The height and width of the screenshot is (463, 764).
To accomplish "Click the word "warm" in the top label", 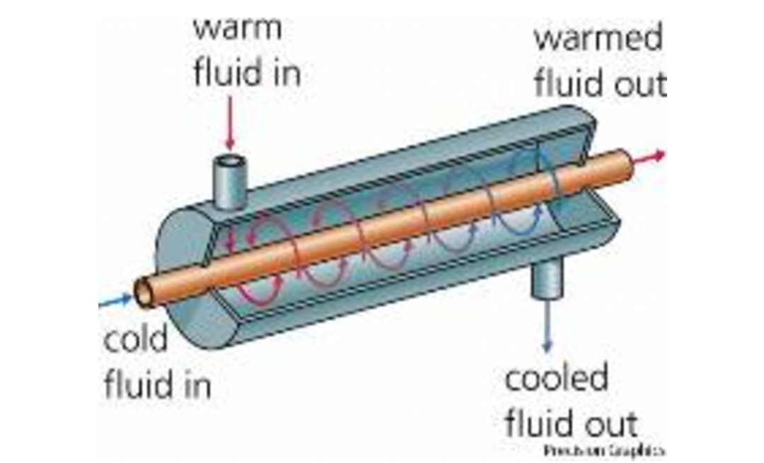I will (237, 28).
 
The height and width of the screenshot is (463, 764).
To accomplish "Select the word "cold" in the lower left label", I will (136, 339).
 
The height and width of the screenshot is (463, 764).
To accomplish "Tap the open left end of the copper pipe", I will (144, 291).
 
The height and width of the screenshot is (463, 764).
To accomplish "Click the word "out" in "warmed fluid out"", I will (639, 83).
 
